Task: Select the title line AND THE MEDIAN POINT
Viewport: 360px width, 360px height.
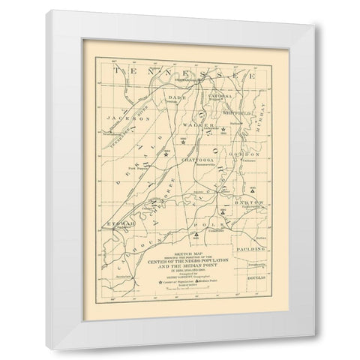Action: (187, 264)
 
